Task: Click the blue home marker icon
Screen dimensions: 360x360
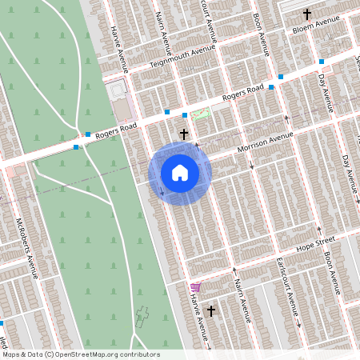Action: pos(180,173)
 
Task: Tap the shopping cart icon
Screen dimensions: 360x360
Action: pos(195,286)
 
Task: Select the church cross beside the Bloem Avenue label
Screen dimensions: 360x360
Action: pos(306,14)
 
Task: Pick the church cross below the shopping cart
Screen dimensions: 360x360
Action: pos(211,310)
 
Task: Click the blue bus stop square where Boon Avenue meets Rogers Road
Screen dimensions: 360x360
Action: pos(271,86)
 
